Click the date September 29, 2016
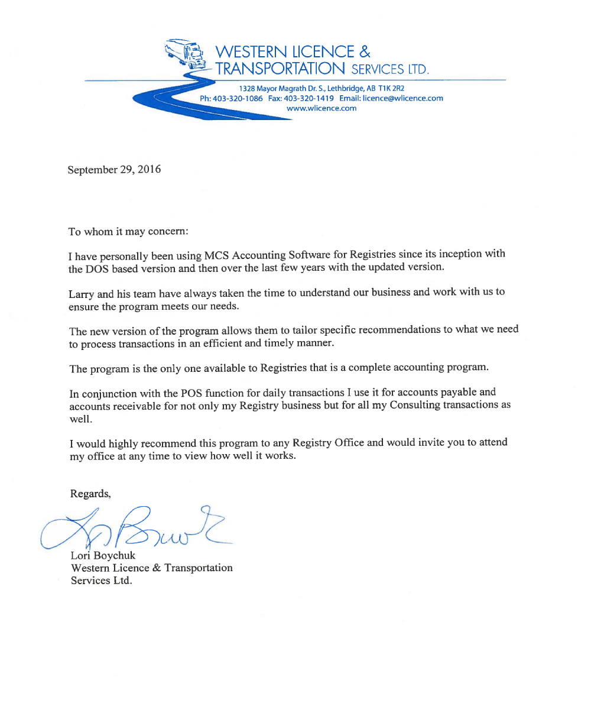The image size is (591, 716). tap(114, 170)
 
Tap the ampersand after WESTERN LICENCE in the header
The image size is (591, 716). tap(365, 51)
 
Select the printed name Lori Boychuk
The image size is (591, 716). tap(103, 555)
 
